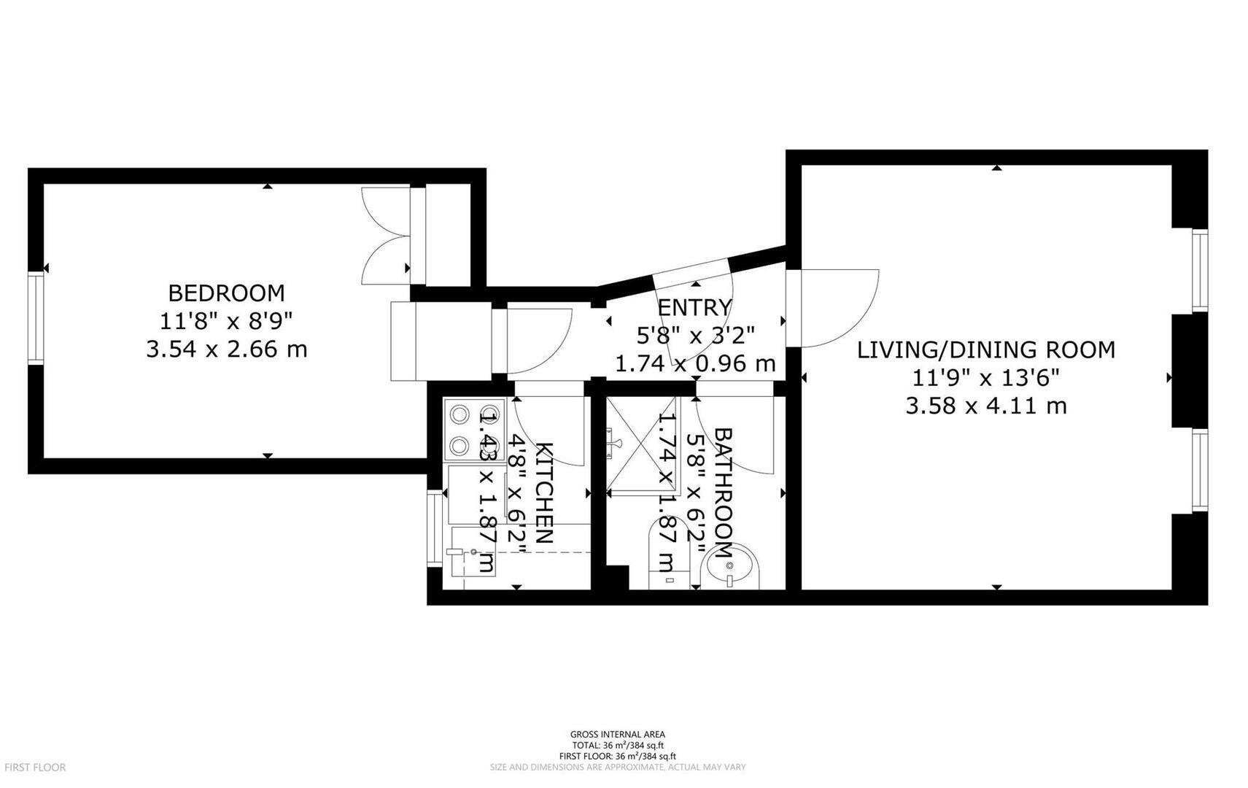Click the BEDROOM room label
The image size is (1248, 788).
click(x=226, y=293)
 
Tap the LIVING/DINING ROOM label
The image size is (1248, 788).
click(x=985, y=349)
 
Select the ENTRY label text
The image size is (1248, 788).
click(x=694, y=307)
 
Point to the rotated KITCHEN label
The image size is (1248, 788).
click(x=544, y=493)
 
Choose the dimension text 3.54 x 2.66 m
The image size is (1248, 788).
click(x=226, y=349)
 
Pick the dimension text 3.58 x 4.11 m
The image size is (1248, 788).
click(x=985, y=406)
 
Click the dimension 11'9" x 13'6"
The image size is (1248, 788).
click(x=985, y=378)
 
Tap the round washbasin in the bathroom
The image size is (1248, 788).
click(x=730, y=567)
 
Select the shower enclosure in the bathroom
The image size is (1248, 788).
click(x=642, y=445)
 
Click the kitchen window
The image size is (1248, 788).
click(x=435, y=527)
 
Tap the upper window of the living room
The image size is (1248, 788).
click(x=1199, y=270)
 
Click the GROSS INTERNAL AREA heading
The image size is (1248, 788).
click(x=617, y=735)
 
